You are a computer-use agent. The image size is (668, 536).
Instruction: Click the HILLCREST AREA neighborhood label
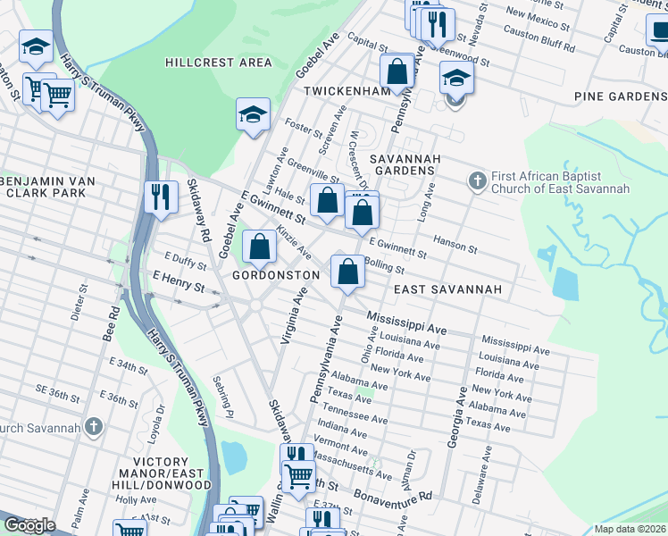[x=218, y=63]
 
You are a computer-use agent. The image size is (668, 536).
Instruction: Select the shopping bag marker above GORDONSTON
[x=259, y=247]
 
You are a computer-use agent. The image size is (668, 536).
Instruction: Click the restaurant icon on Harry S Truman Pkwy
[x=160, y=196]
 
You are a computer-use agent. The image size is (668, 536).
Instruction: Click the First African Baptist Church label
[x=561, y=182]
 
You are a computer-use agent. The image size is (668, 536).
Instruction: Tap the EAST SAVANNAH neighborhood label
[x=447, y=290]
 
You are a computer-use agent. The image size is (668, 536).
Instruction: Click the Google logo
[x=29, y=525]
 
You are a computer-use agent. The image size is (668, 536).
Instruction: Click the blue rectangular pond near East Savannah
[x=565, y=283]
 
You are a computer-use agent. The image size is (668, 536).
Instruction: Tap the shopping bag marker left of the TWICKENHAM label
[x=396, y=71]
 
